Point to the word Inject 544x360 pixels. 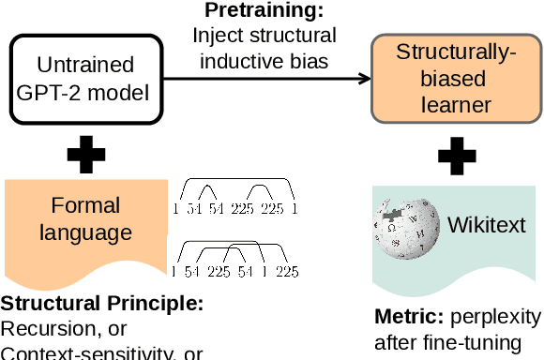(x=216, y=36)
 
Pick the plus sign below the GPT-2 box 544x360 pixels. (x=85, y=156)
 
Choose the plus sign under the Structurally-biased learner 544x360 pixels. (x=457, y=156)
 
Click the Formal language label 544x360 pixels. (x=85, y=217)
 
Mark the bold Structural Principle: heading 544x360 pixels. (x=101, y=305)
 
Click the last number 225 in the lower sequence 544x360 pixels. (x=286, y=272)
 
